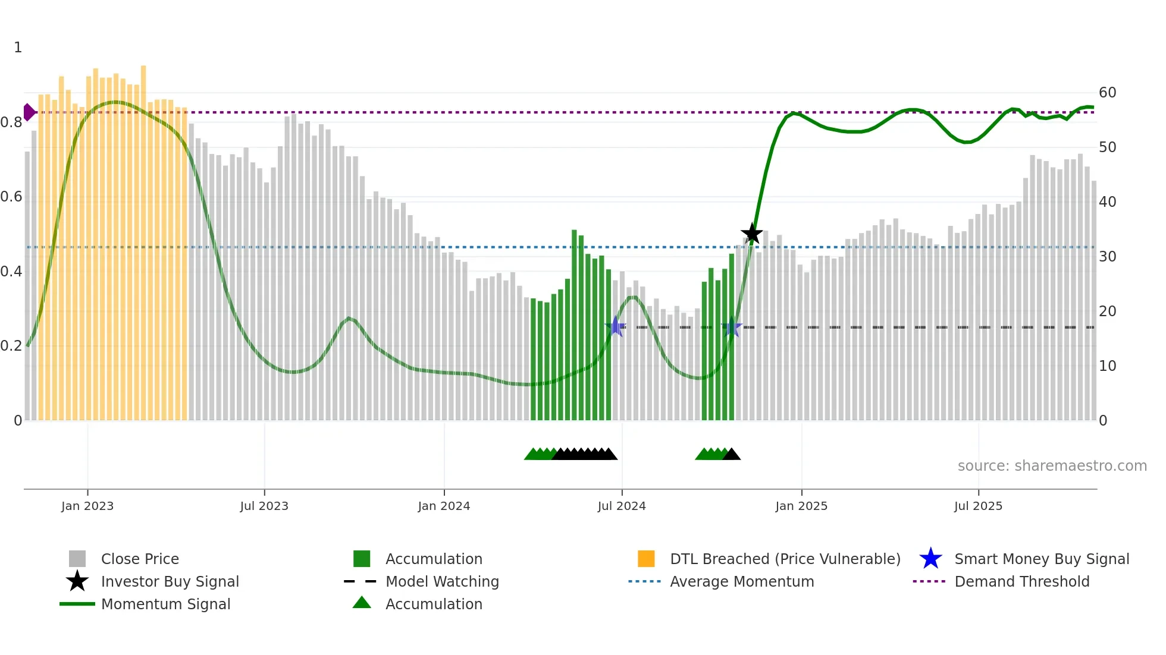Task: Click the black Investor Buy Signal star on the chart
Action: [752, 234]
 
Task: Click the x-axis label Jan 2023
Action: [87, 506]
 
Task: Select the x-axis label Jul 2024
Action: [622, 506]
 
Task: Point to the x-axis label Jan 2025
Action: [801, 506]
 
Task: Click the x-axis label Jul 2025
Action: [978, 506]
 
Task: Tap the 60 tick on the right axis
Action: [1107, 93]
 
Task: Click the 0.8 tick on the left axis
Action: [11, 122]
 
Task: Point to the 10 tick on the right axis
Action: [1107, 366]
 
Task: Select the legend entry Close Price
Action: [140, 559]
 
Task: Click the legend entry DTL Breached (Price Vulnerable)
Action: [785, 559]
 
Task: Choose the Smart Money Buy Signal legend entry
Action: [1041, 559]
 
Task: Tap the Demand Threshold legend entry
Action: [1021, 581]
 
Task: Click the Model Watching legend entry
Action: [442, 581]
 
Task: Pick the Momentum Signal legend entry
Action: [165, 604]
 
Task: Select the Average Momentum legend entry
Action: [742, 581]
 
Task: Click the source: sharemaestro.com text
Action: [1052, 466]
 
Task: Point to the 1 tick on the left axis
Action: [18, 48]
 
